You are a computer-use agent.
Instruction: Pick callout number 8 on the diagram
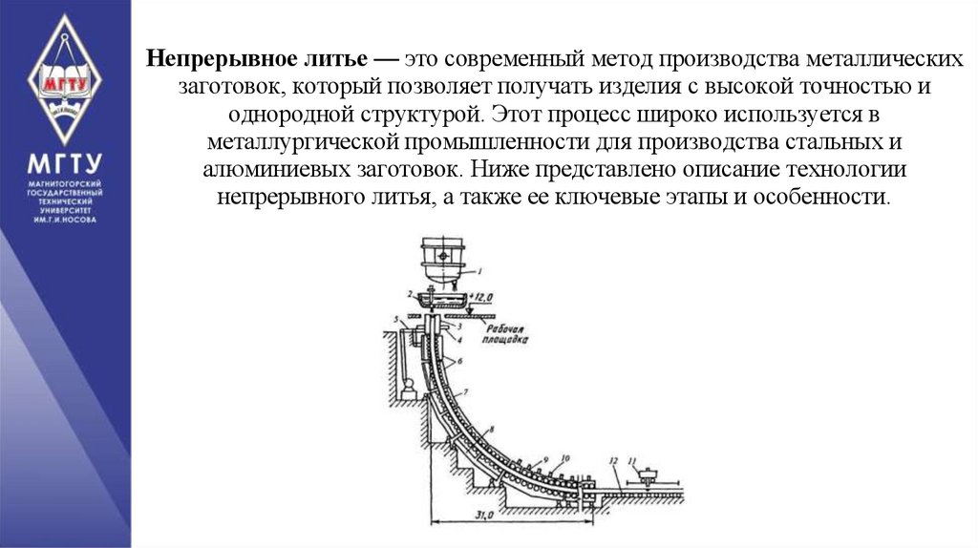(x=490, y=430)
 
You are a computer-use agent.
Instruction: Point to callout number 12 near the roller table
(x=611, y=462)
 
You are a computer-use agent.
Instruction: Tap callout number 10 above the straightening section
(x=565, y=457)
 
